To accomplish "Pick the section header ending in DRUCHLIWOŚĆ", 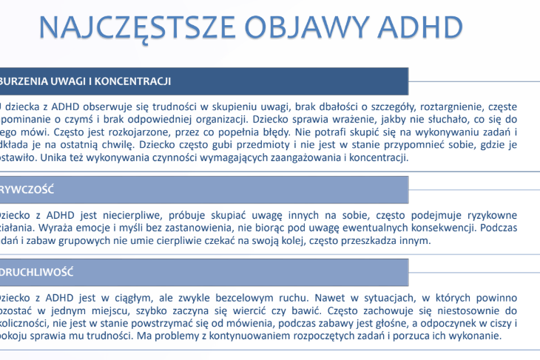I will (x=36, y=272).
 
